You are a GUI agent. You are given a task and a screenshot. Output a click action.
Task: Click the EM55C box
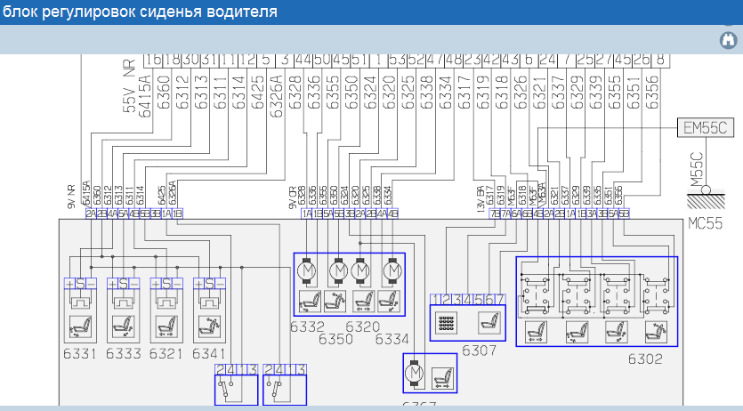tap(706, 127)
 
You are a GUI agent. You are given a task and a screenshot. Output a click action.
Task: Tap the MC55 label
tap(706, 223)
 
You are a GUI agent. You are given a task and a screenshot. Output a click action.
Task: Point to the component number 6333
tap(124, 353)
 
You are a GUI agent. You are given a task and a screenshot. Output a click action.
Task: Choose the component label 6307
tap(479, 351)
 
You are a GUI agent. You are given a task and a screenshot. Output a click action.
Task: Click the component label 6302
tap(646, 359)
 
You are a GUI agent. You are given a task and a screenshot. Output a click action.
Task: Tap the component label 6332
tap(307, 327)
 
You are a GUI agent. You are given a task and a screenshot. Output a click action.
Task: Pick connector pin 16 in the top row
tap(154, 60)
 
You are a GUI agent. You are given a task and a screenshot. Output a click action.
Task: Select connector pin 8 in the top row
tap(659, 60)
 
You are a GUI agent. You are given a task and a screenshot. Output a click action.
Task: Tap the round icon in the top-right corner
tap(725, 40)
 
